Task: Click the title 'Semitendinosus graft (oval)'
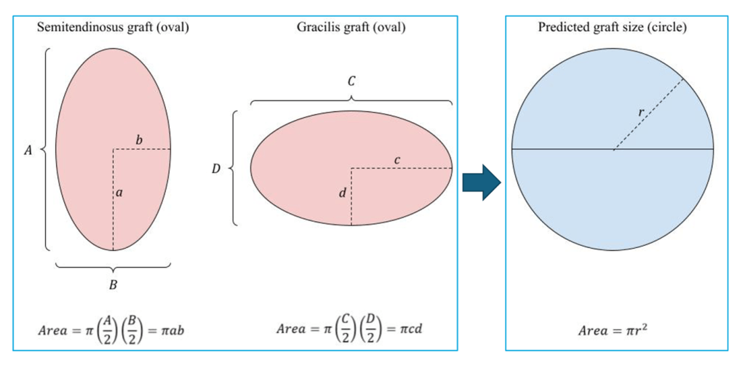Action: click(113, 28)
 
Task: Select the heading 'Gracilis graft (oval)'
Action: click(351, 28)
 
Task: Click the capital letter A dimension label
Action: click(28, 150)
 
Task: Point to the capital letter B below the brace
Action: click(113, 285)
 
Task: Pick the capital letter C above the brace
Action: click(351, 81)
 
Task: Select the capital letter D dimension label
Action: click(215, 169)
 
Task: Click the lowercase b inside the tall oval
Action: click(139, 139)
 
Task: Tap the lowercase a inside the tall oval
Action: click(119, 193)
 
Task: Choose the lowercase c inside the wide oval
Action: click(397, 159)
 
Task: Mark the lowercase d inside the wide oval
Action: click(342, 193)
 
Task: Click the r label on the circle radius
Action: click(640, 113)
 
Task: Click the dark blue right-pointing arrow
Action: click(482, 181)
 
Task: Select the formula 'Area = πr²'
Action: click(613, 331)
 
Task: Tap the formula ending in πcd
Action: click(350, 329)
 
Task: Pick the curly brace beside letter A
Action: click(46, 150)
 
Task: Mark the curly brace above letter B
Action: click(113, 266)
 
